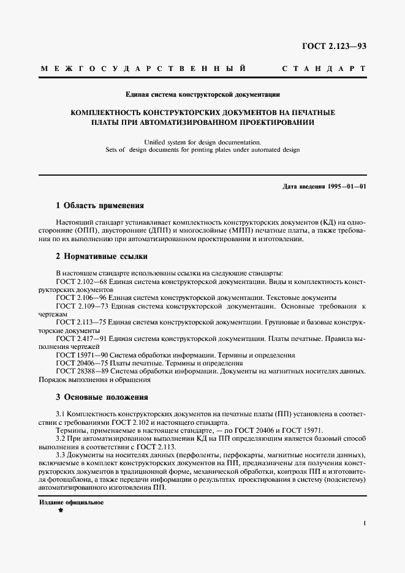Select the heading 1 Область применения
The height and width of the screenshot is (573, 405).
click(x=99, y=206)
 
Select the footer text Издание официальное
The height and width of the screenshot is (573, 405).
click(x=71, y=502)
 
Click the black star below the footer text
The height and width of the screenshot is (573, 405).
click(x=60, y=512)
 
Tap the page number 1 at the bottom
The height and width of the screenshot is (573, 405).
click(x=364, y=523)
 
